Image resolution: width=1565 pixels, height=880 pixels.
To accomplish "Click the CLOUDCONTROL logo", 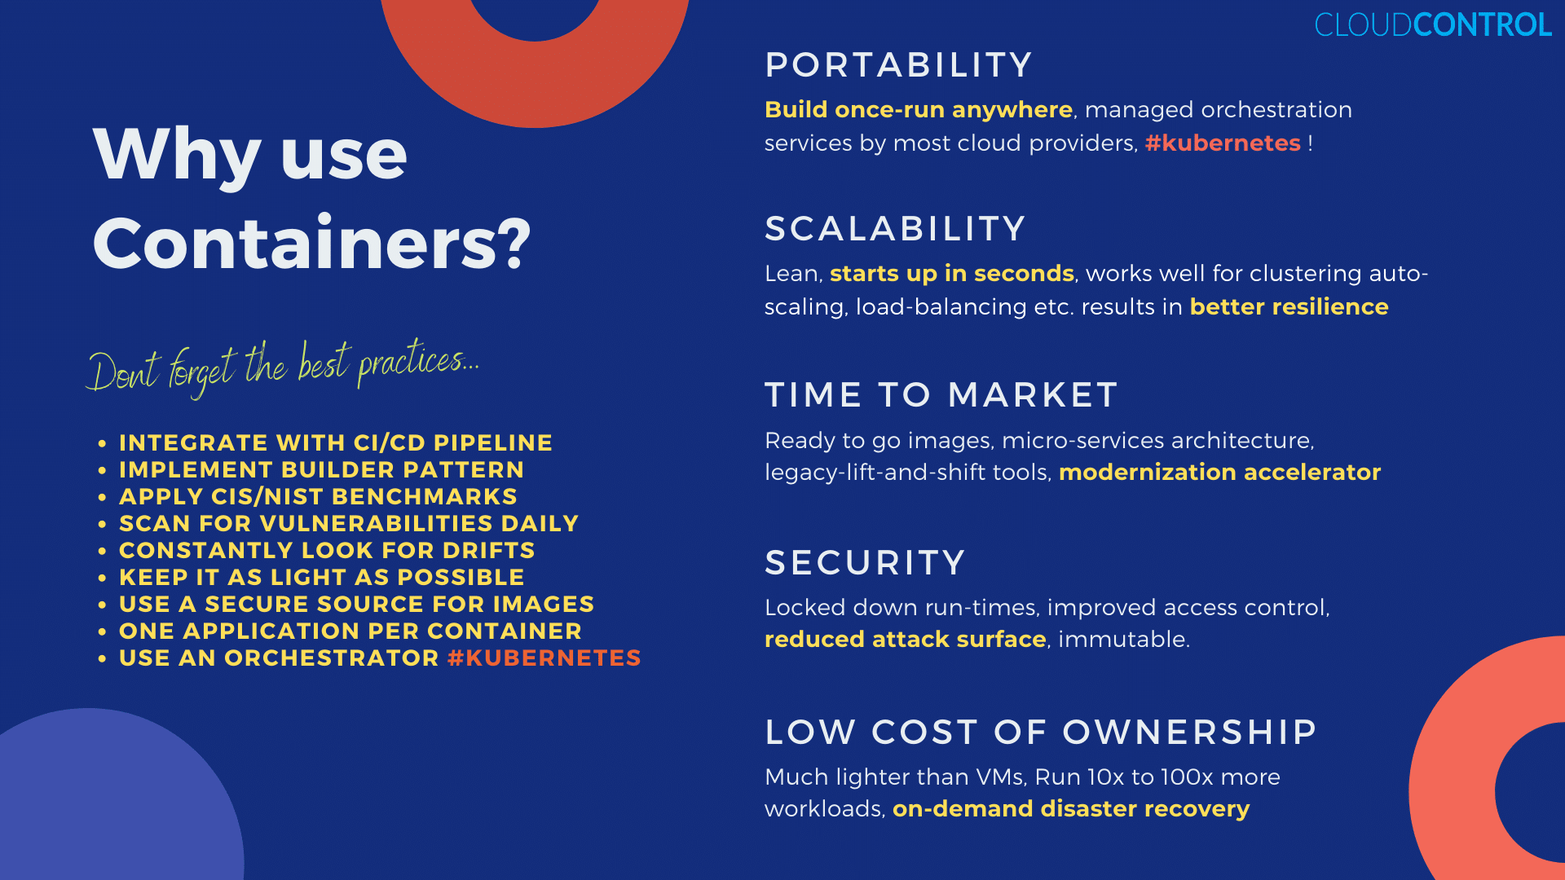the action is pos(1433,24).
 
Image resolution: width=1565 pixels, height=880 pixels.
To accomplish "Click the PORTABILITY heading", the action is pos(899,65).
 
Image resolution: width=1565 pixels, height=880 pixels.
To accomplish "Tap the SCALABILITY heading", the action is pos(895,229).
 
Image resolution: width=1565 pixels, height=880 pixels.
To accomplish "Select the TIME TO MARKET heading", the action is pos(941,395).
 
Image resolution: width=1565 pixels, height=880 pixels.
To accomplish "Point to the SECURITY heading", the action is pos(865,563).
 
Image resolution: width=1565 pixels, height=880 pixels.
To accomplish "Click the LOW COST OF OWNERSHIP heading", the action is pos(1041,733).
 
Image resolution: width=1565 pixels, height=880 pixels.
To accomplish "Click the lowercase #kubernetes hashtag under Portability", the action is pos(1223,143).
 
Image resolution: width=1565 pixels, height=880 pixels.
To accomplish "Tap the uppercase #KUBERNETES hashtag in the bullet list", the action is pos(544,658).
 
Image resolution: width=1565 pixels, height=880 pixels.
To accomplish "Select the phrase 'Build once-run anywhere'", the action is pos(919,110).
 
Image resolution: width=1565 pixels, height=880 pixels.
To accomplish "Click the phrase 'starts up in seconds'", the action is pos(952,274).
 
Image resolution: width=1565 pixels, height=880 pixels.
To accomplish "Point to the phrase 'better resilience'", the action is pos(1289,307).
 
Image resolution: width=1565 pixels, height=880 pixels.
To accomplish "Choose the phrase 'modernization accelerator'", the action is pos(1220,473).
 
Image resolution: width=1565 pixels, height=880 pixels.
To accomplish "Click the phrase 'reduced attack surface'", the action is pos(906,640).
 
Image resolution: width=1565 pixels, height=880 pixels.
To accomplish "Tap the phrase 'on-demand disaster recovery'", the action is pos(1071,809).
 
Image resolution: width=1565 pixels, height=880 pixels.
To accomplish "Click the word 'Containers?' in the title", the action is pos(312,244).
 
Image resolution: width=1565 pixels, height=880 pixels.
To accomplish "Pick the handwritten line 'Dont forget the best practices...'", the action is pos(283,368).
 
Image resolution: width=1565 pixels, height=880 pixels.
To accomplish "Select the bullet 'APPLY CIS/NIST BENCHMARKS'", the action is pos(318,497).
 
